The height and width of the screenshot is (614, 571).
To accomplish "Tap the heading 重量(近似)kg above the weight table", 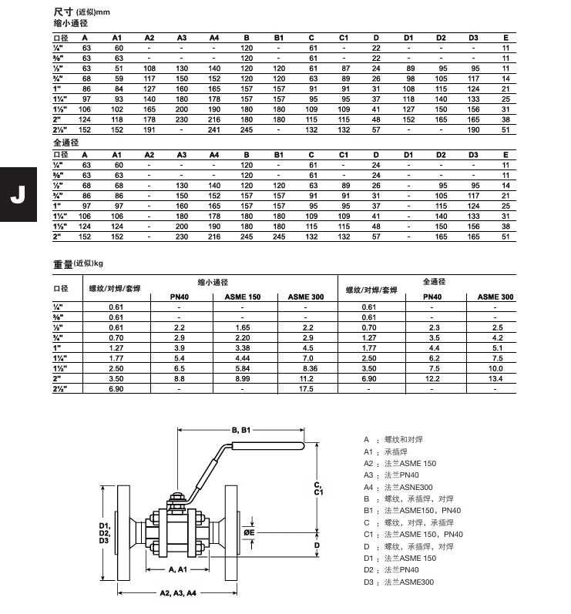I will (78, 264).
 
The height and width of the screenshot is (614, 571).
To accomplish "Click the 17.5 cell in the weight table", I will (306, 389).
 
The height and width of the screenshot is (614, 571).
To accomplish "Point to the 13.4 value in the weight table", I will (495, 379).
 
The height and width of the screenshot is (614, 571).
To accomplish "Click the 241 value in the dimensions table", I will (214, 130).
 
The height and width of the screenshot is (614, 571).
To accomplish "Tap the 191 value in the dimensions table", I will (149, 130).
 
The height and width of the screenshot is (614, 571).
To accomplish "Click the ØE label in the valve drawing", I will (250, 532).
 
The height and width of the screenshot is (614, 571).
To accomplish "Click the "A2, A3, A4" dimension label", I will (178, 593).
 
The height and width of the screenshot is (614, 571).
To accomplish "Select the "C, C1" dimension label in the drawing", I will (318, 487).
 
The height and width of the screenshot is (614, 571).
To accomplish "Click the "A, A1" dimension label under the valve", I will (178, 569).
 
